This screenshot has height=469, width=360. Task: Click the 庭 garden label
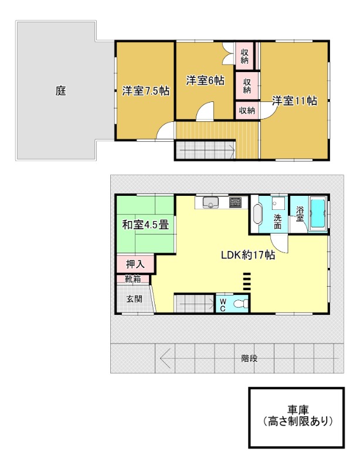60,91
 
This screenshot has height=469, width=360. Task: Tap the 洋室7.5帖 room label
146,91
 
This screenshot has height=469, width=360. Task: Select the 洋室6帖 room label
205,80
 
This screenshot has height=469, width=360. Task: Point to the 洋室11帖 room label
294,101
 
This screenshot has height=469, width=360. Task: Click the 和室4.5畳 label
145,224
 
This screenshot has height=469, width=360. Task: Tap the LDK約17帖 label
248,255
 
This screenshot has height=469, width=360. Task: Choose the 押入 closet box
135,264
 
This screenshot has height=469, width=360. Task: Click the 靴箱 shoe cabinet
133,279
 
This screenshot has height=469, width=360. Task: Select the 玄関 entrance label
134,298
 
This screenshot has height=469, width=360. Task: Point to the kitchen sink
210,203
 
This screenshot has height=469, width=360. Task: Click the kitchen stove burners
236,203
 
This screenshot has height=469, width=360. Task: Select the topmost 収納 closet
244,55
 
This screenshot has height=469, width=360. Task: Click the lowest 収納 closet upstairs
247,110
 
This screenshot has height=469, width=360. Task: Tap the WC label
223,304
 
